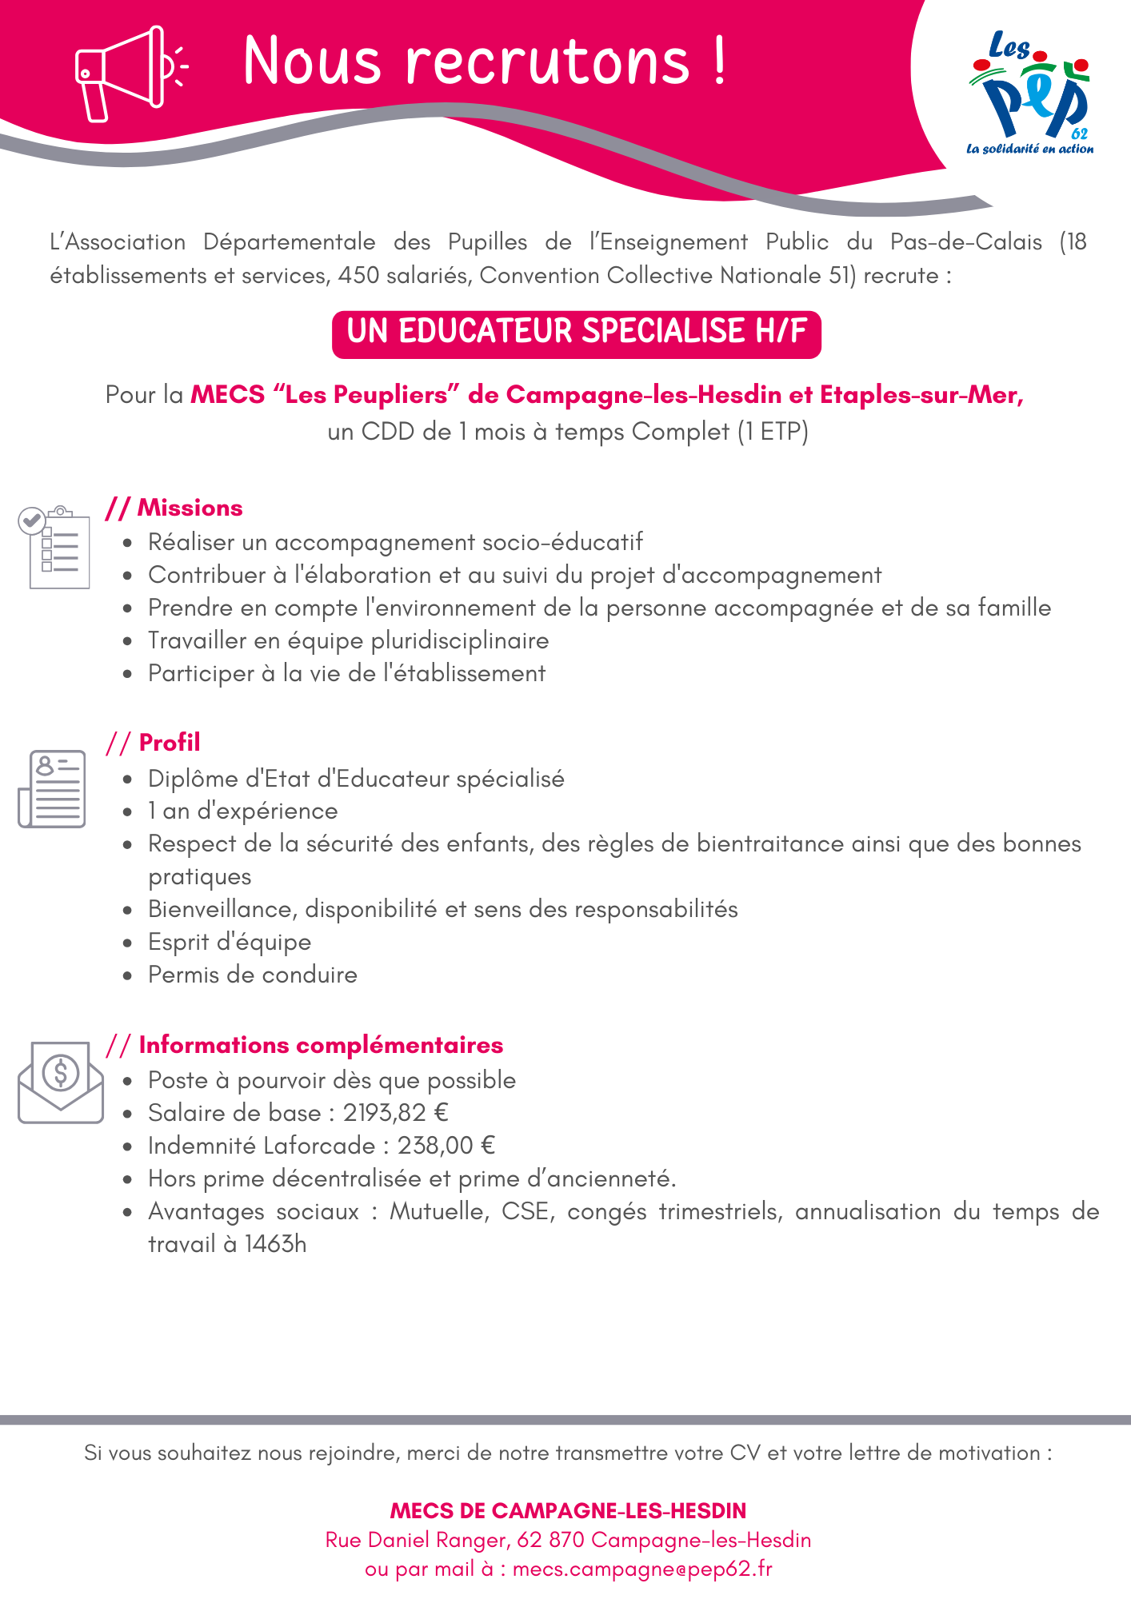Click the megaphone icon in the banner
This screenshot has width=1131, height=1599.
pos(128,74)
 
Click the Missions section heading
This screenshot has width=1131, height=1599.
pos(189,508)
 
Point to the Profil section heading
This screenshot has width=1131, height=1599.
pos(169,743)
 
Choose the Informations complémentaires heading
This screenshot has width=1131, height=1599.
pos(320,1045)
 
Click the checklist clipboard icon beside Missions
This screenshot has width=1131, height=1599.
pos(54,548)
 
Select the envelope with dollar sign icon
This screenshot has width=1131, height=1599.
pos(61,1081)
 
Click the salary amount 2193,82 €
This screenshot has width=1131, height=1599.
pos(396,1113)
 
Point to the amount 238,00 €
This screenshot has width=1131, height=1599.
pos(446,1146)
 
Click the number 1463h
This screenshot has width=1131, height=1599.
pos(276,1244)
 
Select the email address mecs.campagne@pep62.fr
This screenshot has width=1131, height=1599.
pos(642,1569)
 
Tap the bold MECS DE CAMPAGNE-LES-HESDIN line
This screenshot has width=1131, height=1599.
pos(568,1510)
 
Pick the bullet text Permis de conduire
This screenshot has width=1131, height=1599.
pos(253,975)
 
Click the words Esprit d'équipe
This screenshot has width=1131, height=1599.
pos(230,942)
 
